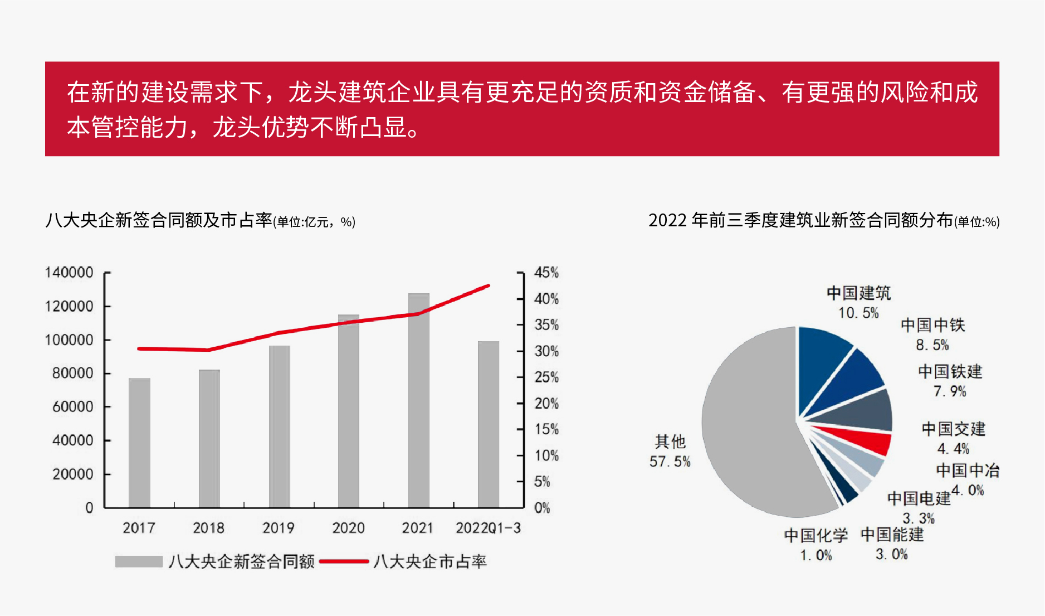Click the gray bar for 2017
point(139,443)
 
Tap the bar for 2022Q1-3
point(489,424)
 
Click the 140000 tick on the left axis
point(69,273)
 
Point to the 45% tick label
point(546,273)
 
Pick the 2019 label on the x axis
point(279,528)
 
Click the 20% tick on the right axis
point(546,404)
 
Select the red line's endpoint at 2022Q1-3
point(489,286)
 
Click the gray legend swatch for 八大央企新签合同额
point(139,561)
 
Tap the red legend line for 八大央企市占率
point(344,561)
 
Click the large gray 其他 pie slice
point(752,429)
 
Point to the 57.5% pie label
point(670,462)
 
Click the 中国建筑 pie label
point(858,293)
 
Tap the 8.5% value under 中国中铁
point(932,345)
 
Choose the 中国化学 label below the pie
point(816,536)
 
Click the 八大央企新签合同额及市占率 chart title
point(159,220)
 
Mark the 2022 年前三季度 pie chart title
point(800,220)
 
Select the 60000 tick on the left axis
point(72,407)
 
